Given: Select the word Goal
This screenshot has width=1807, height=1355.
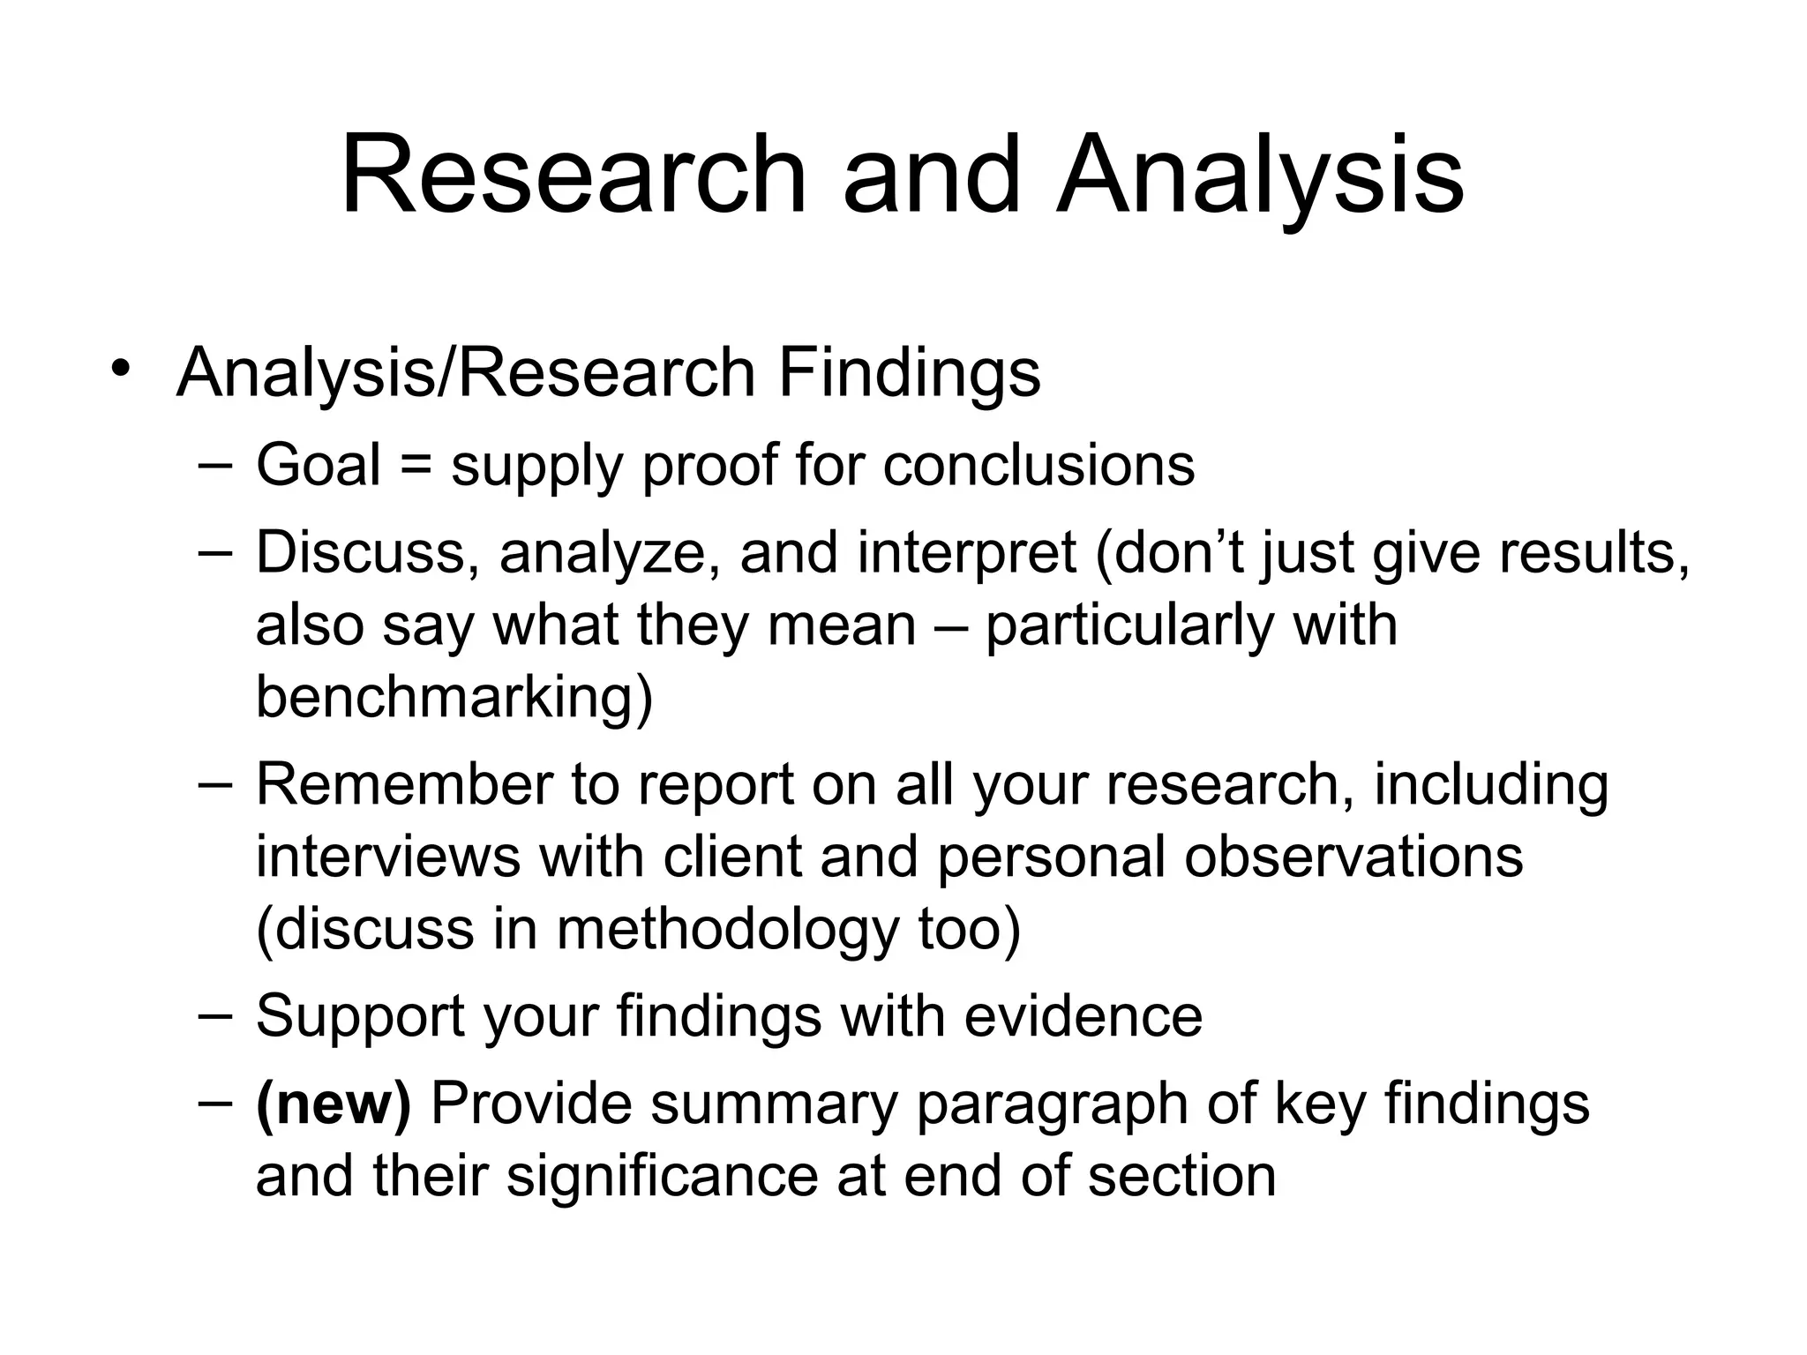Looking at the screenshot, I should (318, 465).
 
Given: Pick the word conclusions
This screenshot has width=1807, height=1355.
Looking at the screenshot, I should (1038, 465).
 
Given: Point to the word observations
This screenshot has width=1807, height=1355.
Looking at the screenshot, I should (1353, 857).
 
